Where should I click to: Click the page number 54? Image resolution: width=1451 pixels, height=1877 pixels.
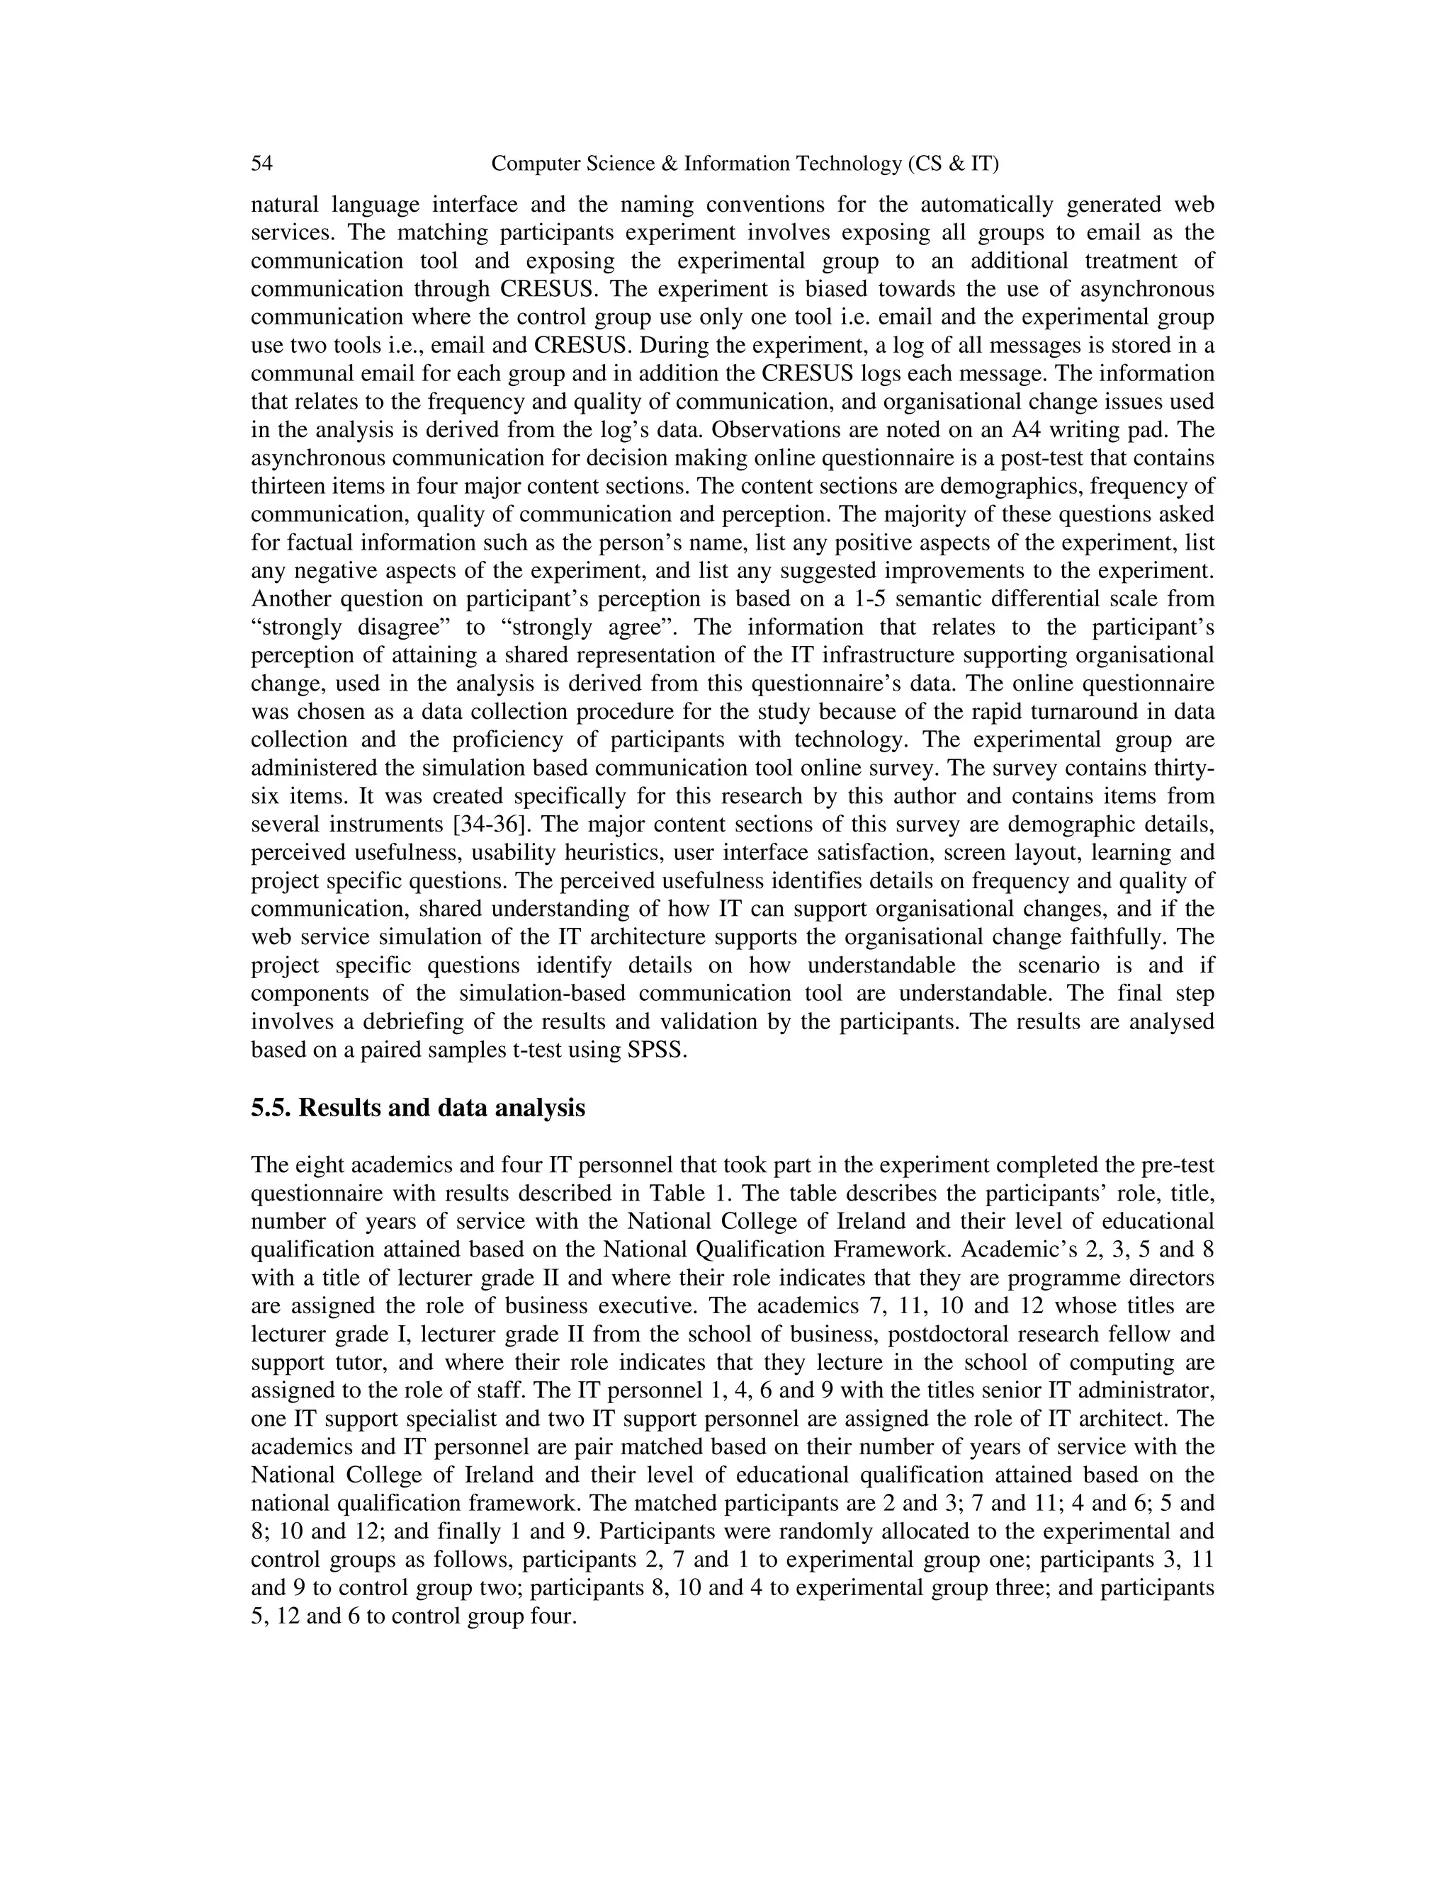(x=261, y=164)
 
